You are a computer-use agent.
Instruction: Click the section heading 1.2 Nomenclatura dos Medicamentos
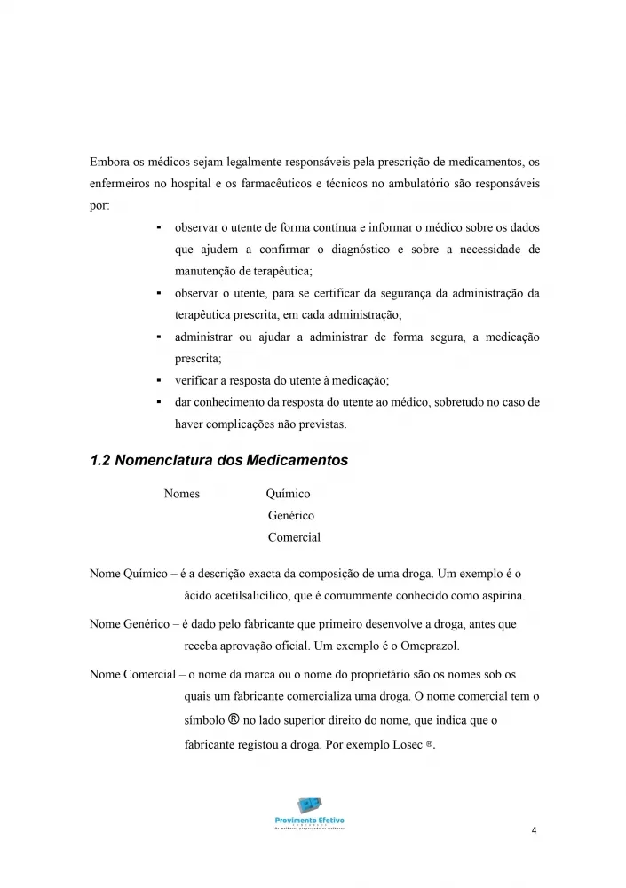(x=218, y=461)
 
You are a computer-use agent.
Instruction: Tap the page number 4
(x=533, y=831)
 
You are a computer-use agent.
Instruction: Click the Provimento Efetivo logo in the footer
(x=310, y=813)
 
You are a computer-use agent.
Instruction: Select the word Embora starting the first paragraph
(x=108, y=163)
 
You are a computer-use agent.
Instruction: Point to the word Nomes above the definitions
(x=182, y=494)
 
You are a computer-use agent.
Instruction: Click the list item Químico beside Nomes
(x=288, y=494)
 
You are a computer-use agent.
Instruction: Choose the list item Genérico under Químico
(x=290, y=515)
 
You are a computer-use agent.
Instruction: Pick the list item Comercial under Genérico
(x=294, y=537)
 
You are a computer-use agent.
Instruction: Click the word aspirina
(x=501, y=594)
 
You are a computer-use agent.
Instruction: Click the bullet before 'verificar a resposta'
(x=157, y=380)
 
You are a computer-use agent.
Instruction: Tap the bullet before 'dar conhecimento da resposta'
(x=157, y=402)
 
